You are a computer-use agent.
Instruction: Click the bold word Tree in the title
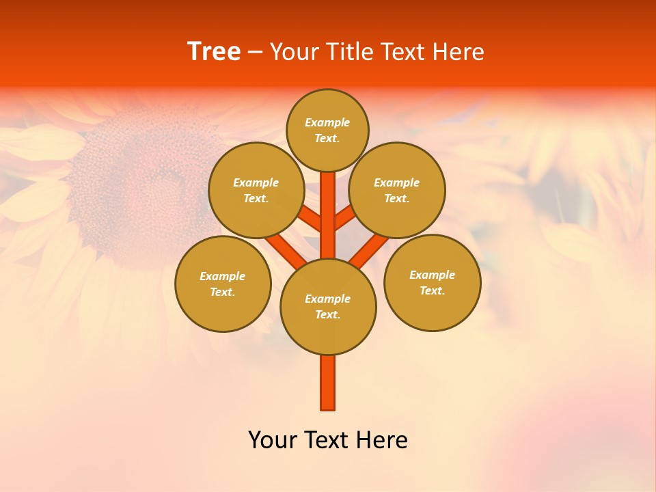click(x=214, y=52)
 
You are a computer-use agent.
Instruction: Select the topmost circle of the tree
click(x=327, y=130)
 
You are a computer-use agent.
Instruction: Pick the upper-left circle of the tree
click(x=256, y=190)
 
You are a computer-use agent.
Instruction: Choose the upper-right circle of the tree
click(x=397, y=190)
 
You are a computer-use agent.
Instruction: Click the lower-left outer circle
click(x=223, y=284)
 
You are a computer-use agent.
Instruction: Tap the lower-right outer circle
click(x=432, y=282)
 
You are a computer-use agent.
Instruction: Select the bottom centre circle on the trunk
click(x=328, y=306)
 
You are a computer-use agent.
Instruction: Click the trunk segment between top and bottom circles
click(x=328, y=215)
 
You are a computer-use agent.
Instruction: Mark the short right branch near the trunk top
click(x=344, y=218)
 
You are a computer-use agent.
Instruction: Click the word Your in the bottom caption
click(x=271, y=440)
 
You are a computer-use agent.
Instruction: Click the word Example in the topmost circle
click(x=327, y=122)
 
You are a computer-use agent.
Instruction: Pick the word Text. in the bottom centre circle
click(x=327, y=314)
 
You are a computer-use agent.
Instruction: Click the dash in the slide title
click(x=256, y=53)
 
